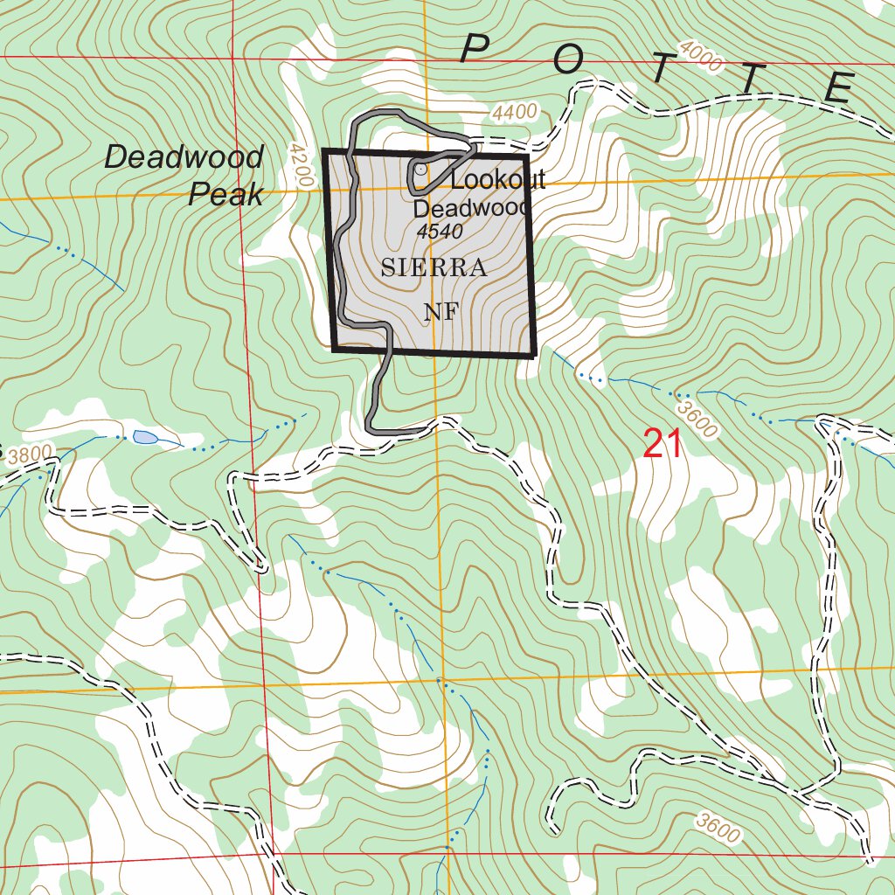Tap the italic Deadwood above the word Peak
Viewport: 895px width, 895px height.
[x=184, y=157]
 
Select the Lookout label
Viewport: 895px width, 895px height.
[x=498, y=180]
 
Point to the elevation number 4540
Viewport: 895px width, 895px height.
[x=440, y=232]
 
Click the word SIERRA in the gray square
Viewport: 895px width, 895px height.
[x=434, y=268]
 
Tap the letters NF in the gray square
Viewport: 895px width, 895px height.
[x=440, y=312]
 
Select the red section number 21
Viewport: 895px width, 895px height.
[x=663, y=444]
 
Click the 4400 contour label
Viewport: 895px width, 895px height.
[x=513, y=113]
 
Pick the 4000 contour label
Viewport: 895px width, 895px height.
[x=700, y=59]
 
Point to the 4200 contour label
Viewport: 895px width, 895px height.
[x=300, y=164]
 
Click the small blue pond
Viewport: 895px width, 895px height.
[x=144, y=436]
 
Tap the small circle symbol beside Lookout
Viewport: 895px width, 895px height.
[x=420, y=168]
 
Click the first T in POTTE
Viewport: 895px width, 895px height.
[x=661, y=71]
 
